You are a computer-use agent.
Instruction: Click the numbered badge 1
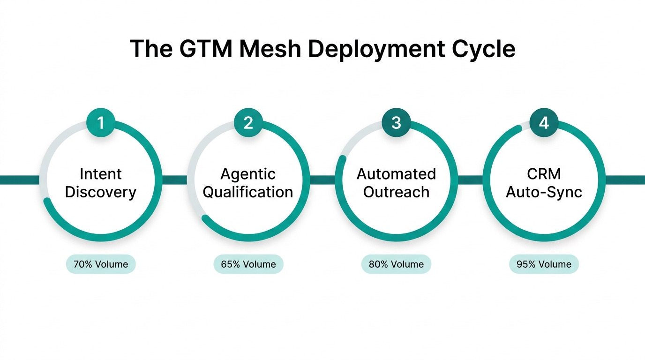100,123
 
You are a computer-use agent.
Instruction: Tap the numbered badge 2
248,123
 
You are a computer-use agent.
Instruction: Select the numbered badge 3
396,123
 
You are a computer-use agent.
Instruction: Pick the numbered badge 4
544,123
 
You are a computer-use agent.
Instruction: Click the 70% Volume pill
101,264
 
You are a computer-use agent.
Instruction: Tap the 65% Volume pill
248,264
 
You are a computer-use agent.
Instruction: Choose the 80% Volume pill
396,264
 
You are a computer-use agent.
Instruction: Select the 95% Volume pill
544,264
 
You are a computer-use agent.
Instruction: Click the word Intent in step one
100,174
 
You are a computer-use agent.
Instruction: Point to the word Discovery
100,192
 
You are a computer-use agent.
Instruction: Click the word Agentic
248,174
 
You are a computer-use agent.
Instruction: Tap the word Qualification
248,192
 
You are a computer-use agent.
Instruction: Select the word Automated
396,174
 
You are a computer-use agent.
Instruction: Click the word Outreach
396,192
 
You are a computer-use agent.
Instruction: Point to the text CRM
544,174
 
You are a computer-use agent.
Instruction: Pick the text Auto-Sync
544,192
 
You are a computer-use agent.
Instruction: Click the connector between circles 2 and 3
322,180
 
